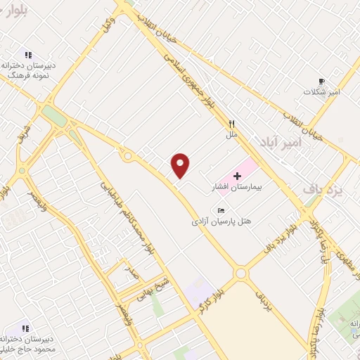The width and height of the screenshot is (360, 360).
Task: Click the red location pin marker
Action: (x=181, y=165)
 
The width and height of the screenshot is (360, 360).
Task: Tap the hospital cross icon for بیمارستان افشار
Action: (x=237, y=175)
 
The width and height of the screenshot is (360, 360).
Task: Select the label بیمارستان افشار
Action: (x=236, y=188)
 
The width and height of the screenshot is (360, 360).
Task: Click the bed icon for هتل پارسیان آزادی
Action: (x=222, y=210)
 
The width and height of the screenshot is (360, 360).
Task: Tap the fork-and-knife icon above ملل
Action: (x=231, y=124)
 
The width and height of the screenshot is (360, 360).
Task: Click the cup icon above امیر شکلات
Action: (x=322, y=81)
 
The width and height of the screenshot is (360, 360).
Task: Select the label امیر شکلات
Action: (x=322, y=92)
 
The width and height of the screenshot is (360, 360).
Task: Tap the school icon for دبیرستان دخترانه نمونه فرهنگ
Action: (x=28, y=55)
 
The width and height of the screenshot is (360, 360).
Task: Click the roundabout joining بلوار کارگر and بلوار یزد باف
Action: (x=241, y=273)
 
